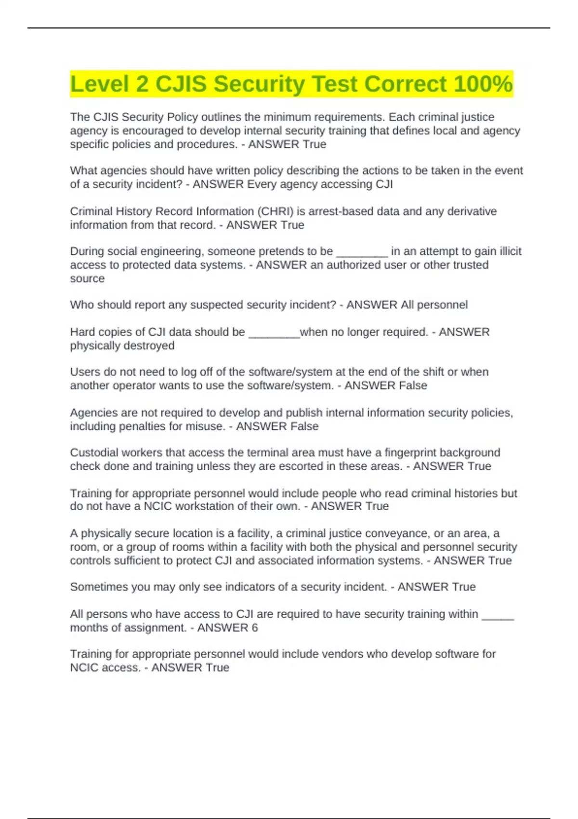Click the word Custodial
pyautogui.click(x=93, y=452)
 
